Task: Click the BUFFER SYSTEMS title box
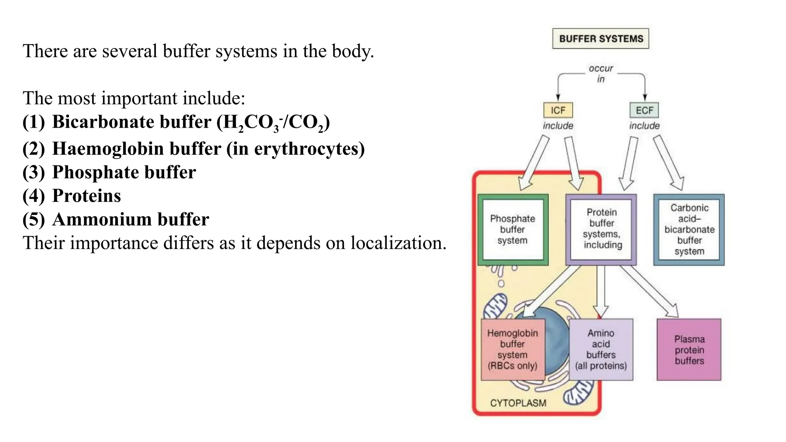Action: pos(601,39)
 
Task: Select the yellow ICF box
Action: pos(558,110)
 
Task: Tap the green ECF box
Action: pos(644,110)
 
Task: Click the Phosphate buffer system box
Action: pos(513,229)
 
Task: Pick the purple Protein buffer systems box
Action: pos(601,229)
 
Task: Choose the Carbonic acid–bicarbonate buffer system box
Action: pos(689,229)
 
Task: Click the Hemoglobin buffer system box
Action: pos(512,349)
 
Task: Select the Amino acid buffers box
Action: pos(601,349)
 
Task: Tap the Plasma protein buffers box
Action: pos(689,350)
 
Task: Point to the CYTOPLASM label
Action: pos(518,403)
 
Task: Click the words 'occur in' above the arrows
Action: pos(601,73)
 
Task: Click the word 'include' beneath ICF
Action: pos(558,125)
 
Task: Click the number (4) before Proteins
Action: pos(33,196)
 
